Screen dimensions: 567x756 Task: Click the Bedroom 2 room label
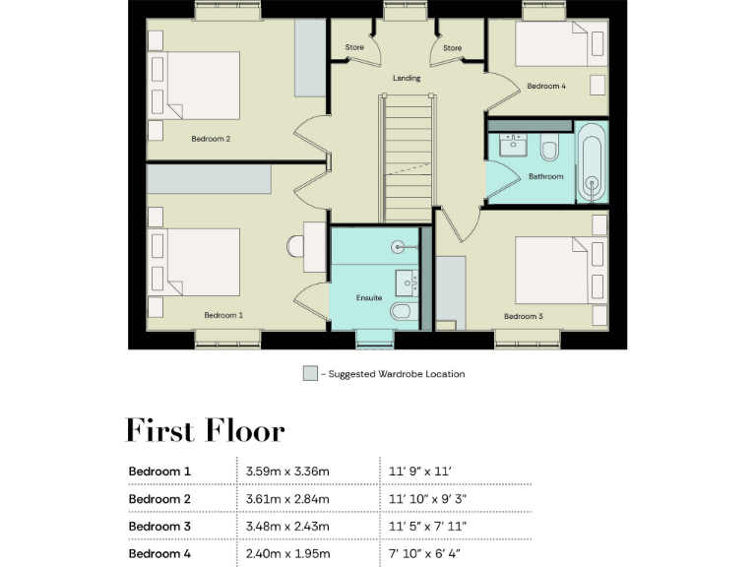pos(210,139)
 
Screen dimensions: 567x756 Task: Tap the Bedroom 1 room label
pos(223,315)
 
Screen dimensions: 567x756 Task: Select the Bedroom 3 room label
pos(523,316)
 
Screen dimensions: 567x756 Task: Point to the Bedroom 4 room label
pos(545,86)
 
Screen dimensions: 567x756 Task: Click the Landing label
pos(407,78)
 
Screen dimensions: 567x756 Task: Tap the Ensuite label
pos(368,297)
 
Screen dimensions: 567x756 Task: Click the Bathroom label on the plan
pos(545,176)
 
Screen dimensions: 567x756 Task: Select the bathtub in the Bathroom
pos(591,162)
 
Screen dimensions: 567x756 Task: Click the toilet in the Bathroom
pos(549,150)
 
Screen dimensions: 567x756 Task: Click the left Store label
pos(354,47)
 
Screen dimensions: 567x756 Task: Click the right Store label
pos(452,47)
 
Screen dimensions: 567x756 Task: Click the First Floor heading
pos(205,431)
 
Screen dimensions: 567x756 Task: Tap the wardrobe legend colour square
pos(310,374)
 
